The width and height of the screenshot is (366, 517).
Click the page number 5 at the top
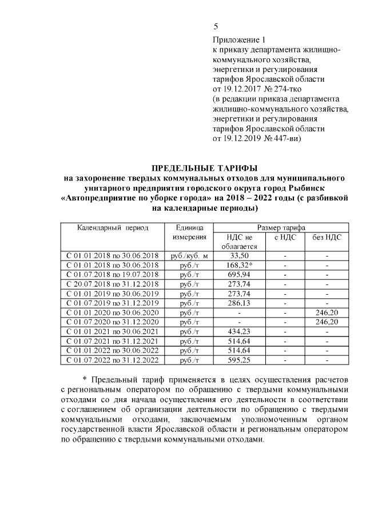pyautogui.click(x=216, y=26)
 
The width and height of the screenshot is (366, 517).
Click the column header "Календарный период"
pyautogui.click(x=113, y=227)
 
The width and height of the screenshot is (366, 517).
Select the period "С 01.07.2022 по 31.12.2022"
pyautogui.click(x=113, y=360)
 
